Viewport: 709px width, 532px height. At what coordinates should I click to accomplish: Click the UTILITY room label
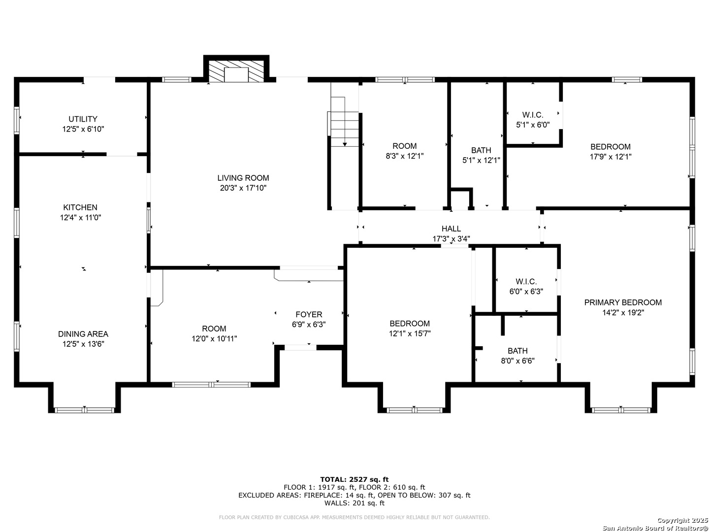pos(83,119)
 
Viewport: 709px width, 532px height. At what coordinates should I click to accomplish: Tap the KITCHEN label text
pos(80,207)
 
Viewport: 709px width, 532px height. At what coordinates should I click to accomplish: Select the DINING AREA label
pos(83,333)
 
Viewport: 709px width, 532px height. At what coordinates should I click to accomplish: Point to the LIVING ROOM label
pos(243,178)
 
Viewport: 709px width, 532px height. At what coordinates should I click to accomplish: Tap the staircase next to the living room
pos(344,122)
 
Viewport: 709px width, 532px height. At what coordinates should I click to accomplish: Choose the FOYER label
pos(309,314)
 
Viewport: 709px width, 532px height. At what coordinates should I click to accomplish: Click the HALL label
pos(451,229)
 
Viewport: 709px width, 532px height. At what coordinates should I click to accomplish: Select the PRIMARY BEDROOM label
pos(623,302)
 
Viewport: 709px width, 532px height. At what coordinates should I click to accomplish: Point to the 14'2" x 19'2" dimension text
pos(623,313)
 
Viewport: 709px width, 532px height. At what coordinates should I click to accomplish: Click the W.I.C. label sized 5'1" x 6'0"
pos(533,115)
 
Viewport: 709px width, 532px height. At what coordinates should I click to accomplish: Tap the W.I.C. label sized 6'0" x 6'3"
pos(526,281)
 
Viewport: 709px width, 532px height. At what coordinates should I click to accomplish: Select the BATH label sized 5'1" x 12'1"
pos(481,150)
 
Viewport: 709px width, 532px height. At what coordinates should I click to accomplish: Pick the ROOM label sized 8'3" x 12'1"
pos(404,146)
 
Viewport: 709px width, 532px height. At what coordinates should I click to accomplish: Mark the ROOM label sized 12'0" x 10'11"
pos(214,329)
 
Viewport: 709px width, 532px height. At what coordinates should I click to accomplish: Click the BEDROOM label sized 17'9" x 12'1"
pos(610,147)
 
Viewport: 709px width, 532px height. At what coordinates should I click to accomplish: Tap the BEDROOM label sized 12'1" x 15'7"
pos(410,323)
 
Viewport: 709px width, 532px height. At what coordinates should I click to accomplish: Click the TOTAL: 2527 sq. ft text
pos(354,479)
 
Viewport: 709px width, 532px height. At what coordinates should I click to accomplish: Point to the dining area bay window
pos(84,410)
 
